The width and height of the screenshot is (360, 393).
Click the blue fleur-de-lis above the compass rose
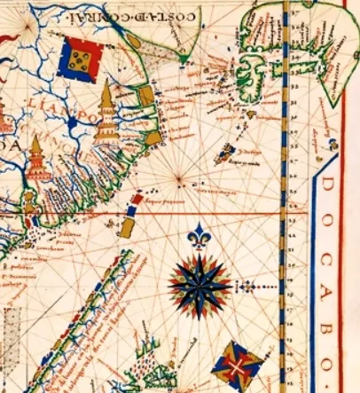point(200,236)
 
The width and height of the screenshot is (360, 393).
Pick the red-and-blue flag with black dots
point(79,59)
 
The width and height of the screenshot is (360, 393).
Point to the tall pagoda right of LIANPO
point(106,113)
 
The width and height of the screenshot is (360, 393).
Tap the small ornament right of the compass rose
point(249,286)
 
